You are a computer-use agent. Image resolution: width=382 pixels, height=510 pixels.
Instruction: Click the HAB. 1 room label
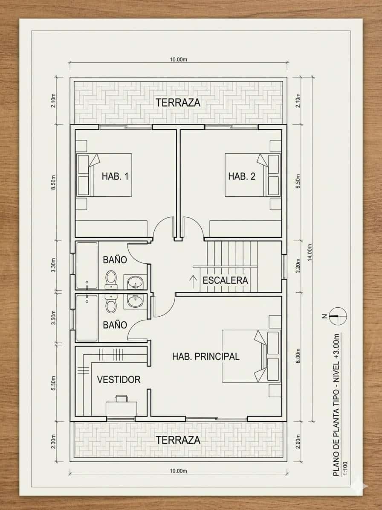[115, 176]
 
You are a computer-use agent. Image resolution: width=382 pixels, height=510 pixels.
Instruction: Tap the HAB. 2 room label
[241, 176]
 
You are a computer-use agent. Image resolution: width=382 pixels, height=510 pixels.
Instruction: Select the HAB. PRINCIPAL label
[205, 356]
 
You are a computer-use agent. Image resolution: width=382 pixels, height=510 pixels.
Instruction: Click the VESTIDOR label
[119, 379]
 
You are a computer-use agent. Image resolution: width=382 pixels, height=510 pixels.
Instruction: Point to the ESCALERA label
[225, 280]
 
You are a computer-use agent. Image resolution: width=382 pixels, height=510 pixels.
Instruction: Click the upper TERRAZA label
[178, 102]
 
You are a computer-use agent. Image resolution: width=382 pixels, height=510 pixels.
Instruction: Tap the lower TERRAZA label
[178, 440]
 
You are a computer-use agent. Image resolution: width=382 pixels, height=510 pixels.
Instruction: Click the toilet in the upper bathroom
[111, 279]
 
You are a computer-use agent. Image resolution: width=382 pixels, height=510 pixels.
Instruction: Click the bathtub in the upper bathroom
[87, 265]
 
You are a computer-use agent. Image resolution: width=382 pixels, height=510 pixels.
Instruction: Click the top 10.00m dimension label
[178, 59]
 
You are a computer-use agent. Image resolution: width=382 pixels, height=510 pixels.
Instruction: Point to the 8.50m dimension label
[54, 182]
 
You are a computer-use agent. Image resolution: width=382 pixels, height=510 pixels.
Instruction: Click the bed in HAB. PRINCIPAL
[251, 356]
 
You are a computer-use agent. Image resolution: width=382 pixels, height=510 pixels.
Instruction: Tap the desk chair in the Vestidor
[121, 399]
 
